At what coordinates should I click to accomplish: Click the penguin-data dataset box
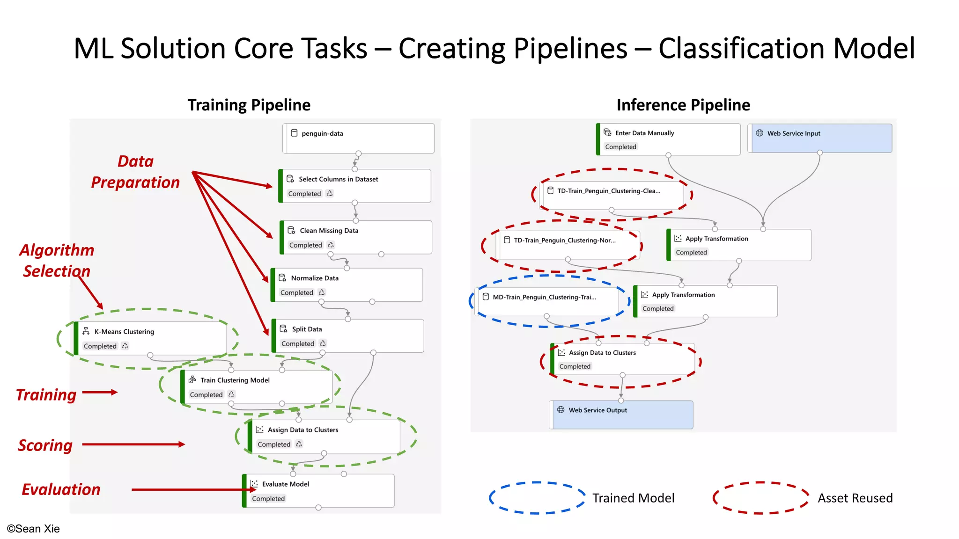coord(359,138)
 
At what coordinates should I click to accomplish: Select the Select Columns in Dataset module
coord(355,186)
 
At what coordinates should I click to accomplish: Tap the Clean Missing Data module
coord(356,237)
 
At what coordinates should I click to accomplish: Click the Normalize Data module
coord(347,284)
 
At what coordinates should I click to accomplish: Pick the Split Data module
coord(348,335)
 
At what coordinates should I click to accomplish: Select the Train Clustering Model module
coord(257,386)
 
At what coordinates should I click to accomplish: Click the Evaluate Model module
coord(318,490)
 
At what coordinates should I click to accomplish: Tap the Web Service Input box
coord(820,138)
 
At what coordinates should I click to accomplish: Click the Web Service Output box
coord(621,415)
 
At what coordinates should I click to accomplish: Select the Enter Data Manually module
coord(669,139)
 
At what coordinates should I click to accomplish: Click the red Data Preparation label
coord(135,172)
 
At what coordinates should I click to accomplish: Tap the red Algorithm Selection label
coord(57,261)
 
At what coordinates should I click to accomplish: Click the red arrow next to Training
coord(100,392)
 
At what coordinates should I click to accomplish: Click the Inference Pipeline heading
coord(683,105)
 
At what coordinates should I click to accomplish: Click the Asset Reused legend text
coord(855,498)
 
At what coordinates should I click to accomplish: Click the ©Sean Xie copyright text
coord(33,529)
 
